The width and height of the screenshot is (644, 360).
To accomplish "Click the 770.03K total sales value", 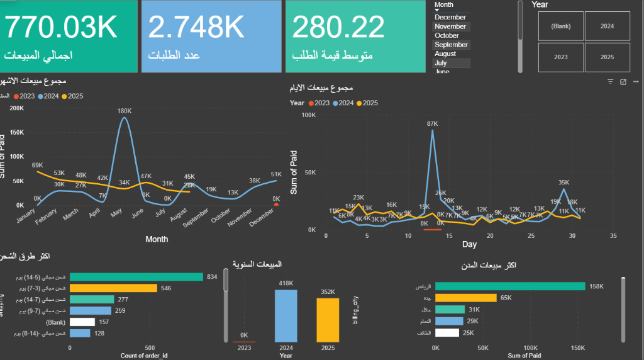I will (61, 26).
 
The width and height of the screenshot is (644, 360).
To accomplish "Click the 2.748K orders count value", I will (196, 26).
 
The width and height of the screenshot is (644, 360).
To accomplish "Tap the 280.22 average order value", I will (338, 26).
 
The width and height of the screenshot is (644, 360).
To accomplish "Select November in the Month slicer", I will (450, 26).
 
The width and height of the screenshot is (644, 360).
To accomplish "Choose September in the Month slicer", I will (451, 45).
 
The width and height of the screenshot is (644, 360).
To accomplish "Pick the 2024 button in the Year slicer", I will (607, 26).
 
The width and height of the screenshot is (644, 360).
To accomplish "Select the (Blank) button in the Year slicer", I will (560, 26).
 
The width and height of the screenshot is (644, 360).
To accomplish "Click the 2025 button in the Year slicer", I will (607, 57).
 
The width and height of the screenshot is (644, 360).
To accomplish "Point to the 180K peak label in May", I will (125, 111).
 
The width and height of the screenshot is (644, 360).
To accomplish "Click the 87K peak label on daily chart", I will (432, 124).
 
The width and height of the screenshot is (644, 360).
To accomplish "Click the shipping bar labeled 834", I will (136, 277).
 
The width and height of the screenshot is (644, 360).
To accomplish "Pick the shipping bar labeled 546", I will (113, 288).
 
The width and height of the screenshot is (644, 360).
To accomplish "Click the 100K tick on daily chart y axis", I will (308, 115).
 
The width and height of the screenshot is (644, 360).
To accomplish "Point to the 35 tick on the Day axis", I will (613, 235).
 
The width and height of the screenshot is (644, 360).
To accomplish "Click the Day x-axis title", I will (469, 244).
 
